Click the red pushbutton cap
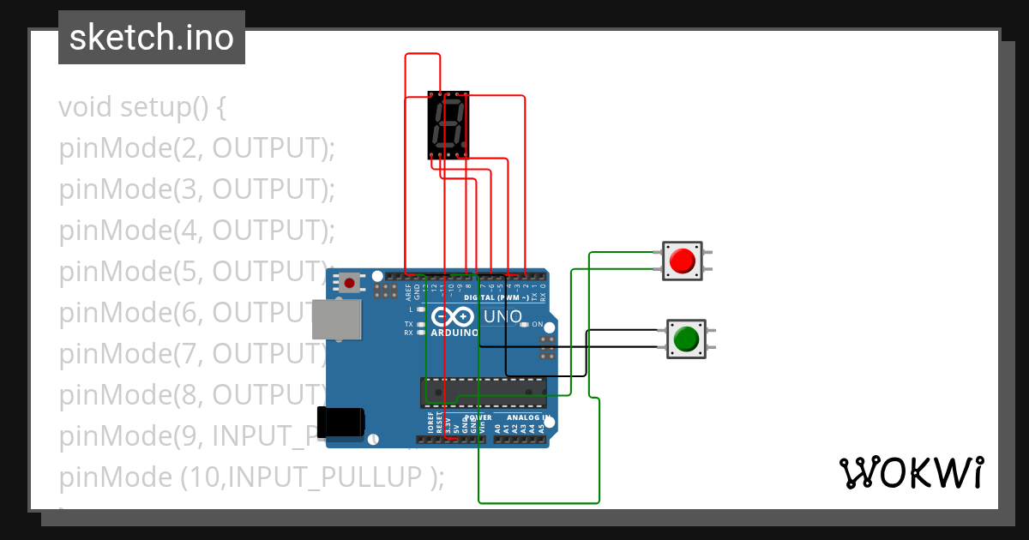coord(683,261)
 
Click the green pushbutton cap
coord(686,339)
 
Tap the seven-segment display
coord(448,125)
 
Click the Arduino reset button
coord(349,282)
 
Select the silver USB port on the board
coord(336,321)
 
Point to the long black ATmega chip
coord(483,391)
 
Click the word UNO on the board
coord(503,316)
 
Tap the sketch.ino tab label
coord(152,38)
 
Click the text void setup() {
coord(142,108)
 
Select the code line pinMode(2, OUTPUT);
coord(196,148)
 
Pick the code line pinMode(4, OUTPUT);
coord(196,231)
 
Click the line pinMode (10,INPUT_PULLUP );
coord(251,477)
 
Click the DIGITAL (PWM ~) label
coord(494,297)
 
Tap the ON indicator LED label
coord(537,324)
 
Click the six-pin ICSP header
coord(545,347)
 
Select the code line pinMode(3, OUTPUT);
coord(196,189)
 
